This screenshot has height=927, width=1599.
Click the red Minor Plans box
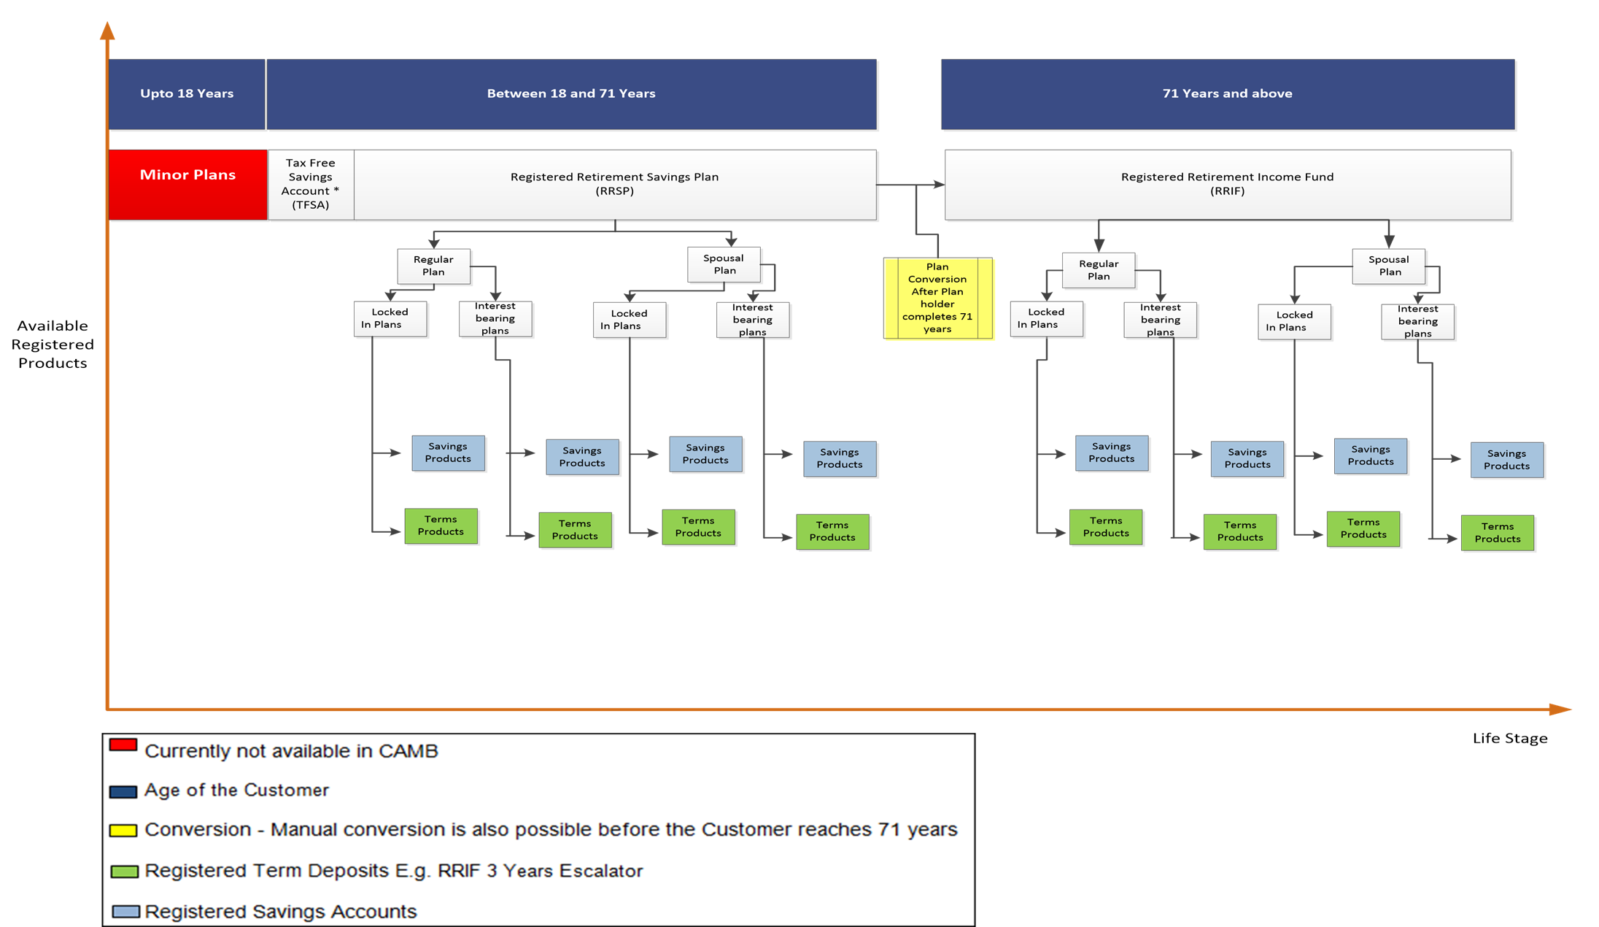click(187, 185)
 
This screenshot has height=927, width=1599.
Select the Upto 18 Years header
click(187, 94)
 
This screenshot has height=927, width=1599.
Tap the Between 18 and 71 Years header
click(572, 94)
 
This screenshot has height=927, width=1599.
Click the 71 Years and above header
click(1228, 94)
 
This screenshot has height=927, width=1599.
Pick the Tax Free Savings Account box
click(311, 185)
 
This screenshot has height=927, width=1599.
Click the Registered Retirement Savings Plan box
click(615, 185)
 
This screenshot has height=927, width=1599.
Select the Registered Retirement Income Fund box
click(1228, 185)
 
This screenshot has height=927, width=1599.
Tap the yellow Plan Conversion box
click(937, 298)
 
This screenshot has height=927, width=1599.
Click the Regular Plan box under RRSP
click(433, 266)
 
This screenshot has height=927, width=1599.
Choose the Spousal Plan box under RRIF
click(1389, 266)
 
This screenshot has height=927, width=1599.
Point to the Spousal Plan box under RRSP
click(724, 264)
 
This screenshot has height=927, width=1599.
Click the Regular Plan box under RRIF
click(1099, 270)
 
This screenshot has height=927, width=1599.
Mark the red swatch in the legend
click(123, 745)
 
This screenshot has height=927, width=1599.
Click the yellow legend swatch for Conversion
click(123, 831)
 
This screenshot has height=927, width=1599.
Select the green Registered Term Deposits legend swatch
click(124, 872)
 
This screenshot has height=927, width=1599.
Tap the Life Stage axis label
click(1510, 738)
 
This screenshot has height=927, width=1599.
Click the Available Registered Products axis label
click(53, 345)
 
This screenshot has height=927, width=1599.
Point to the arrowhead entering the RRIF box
click(940, 185)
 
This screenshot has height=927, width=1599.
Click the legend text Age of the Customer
click(237, 790)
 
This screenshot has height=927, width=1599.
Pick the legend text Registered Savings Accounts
click(281, 912)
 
